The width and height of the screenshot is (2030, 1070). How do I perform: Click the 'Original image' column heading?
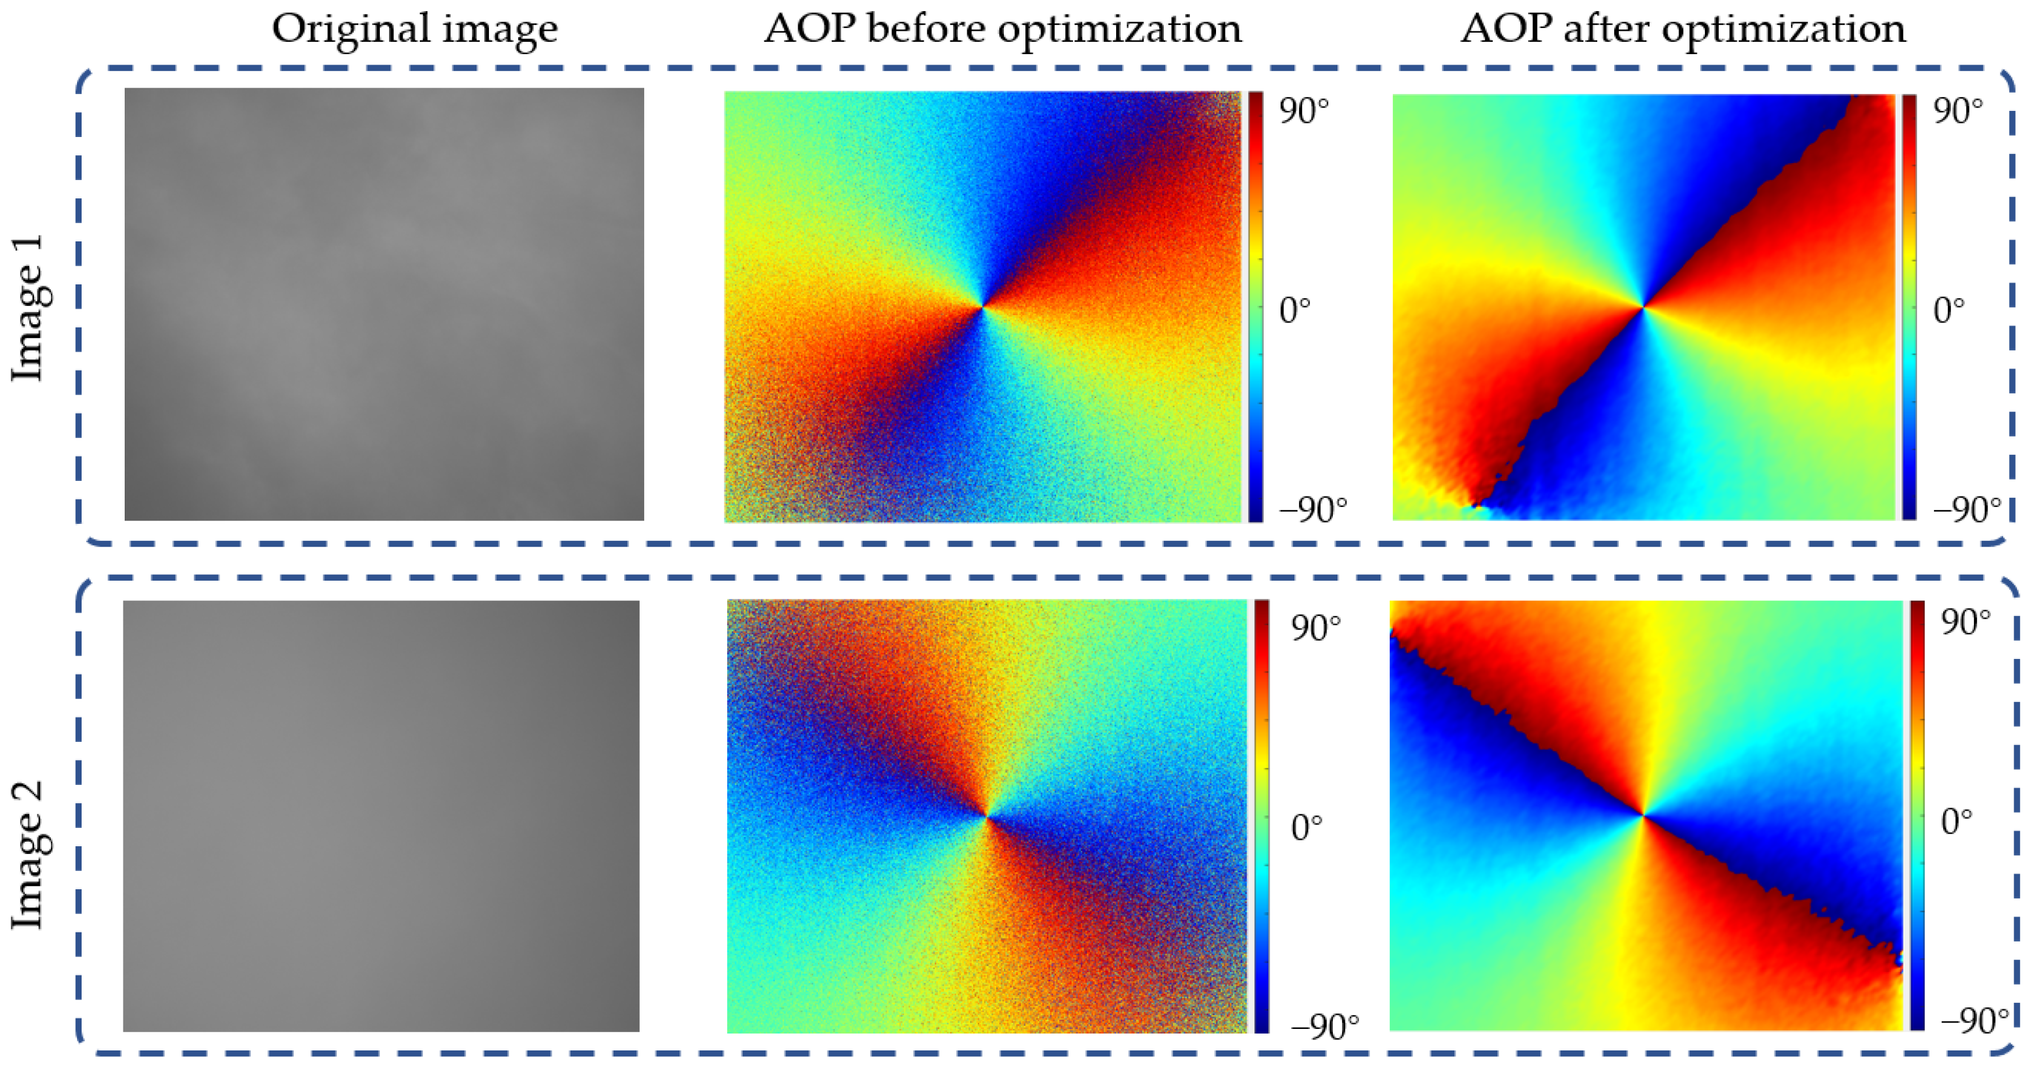tap(414, 29)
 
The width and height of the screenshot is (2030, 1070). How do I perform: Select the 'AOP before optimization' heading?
tap(1003, 29)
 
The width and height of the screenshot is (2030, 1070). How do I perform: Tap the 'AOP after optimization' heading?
tap(1683, 29)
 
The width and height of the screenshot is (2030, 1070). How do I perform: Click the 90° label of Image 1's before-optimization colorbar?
tap(1304, 112)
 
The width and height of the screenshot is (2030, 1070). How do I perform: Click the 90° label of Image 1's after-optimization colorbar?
tap(1958, 112)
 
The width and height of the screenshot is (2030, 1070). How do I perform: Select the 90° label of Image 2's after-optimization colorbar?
tap(1966, 622)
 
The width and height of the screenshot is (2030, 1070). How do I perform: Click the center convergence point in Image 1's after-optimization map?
tap(1643, 307)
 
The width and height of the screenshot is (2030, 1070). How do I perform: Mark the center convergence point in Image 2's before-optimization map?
tap(986, 817)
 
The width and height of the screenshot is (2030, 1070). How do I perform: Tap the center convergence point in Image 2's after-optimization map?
tap(1644, 815)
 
